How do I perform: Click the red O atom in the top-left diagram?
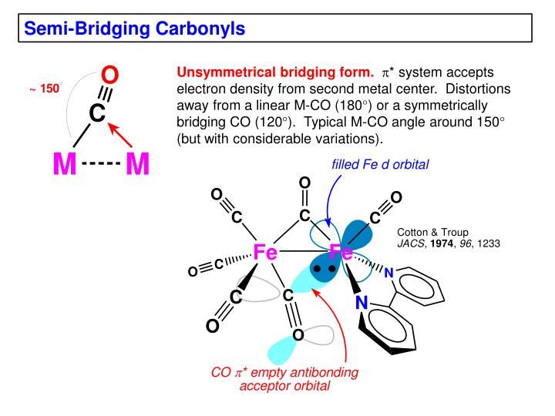(x=110, y=75)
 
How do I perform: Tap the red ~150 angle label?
(x=44, y=89)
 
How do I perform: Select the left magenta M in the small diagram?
(x=65, y=164)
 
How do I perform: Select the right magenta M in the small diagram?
(x=136, y=164)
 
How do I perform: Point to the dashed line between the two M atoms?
(x=100, y=164)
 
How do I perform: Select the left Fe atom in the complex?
(x=266, y=251)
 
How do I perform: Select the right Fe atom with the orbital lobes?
(x=341, y=252)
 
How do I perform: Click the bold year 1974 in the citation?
(x=442, y=243)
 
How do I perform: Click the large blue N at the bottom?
(x=362, y=304)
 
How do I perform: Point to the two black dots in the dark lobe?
(x=324, y=269)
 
